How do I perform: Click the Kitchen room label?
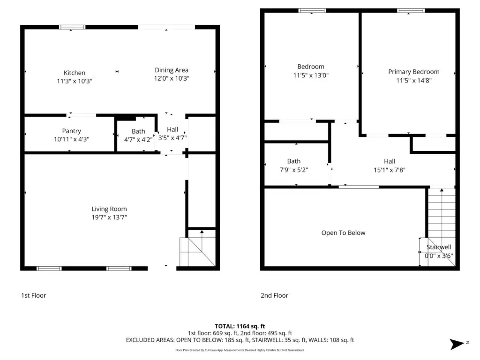75,73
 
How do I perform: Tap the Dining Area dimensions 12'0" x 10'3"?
172,78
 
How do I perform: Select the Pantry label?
72,131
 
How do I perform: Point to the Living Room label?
109,209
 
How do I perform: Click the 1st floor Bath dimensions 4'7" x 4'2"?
138,140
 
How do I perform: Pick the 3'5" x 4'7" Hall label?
172,129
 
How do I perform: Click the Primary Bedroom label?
414,72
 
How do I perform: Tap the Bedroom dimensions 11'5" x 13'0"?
311,75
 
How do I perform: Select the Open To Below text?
343,233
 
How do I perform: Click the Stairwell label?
439,247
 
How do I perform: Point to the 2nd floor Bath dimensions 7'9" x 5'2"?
294,170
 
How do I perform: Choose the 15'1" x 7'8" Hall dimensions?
390,170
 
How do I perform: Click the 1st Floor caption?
33,295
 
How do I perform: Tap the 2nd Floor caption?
274,295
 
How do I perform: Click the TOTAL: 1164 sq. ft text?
240,326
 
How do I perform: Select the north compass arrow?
457,344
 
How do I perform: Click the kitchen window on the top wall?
72,27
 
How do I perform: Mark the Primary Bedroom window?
411,11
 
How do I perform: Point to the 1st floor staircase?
198,248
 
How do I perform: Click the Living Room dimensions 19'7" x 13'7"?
109,217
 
